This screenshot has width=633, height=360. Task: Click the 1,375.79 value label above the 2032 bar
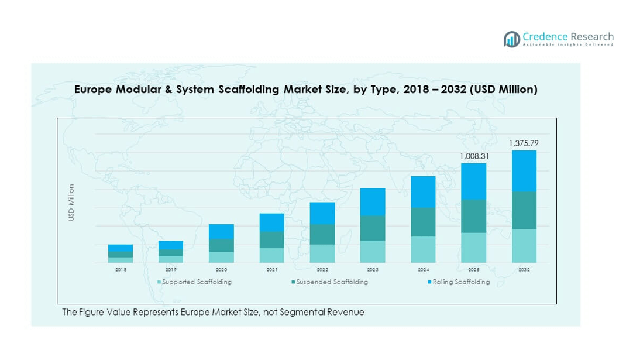[524, 143]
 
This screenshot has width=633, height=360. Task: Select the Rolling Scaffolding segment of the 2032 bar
[524, 171]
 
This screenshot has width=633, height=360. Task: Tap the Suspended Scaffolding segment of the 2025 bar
[473, 216]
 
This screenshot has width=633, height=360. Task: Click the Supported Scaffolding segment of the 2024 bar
[423, 249]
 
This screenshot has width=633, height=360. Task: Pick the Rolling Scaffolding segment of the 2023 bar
[373, 202]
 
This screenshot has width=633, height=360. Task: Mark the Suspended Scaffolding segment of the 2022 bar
[322, 234]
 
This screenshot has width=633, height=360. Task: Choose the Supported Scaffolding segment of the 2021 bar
[272, 255]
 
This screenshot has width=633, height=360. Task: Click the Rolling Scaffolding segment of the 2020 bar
[221, 232]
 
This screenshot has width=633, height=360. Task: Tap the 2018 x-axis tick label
[121, 270]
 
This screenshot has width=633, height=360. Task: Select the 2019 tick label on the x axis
[171, 270]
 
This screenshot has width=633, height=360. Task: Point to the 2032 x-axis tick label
[524, 270]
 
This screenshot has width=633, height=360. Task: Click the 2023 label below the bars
[373, 270]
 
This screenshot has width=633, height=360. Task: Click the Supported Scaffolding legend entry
[197, 282]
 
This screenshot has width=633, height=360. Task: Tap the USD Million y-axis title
[71, 202]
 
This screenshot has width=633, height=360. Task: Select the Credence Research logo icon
[512, 39]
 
